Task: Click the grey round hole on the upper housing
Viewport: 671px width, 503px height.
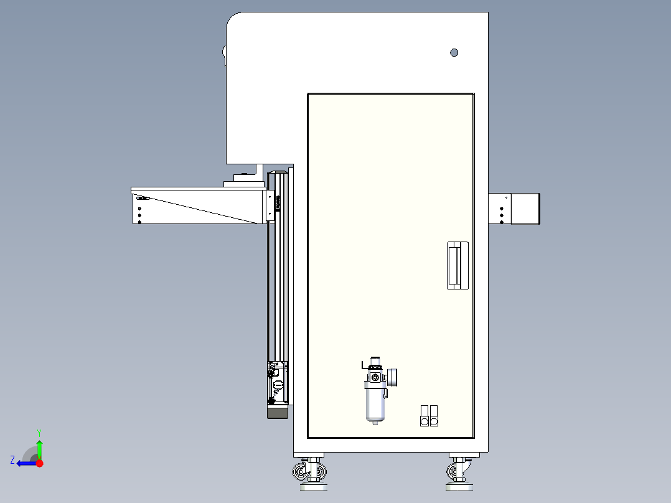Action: tap(454, 53)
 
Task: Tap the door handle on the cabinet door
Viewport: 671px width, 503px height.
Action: tap(457, 265)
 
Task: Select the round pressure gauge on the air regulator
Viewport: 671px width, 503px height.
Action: tap(393, 376)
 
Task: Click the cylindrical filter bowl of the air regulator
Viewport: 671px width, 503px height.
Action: tap(375, 402)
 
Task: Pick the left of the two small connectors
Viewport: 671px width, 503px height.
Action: tap(425, 416)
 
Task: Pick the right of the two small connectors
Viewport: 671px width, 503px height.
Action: tap(434, 416)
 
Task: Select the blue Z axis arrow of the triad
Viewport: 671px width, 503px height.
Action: tap(25, 463)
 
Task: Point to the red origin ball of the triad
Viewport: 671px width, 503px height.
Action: tap(39, 463)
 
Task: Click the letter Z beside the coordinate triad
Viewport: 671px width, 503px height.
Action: tap(12, 460)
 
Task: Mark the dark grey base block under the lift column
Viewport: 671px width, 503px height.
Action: tap(278, 411)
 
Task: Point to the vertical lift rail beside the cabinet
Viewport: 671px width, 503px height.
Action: tap(279, 280)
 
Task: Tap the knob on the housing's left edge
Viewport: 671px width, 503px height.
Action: tap(224, 56)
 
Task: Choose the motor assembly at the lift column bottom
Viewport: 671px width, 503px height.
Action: tap(276, 382)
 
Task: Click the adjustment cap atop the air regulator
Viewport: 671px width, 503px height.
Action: tap(375, 362)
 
